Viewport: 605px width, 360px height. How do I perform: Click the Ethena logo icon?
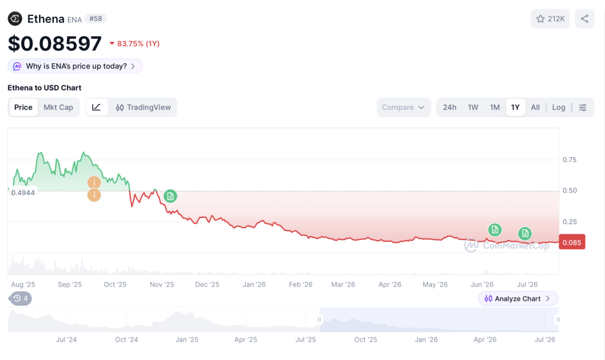15,18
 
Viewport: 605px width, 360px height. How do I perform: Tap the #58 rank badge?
96,18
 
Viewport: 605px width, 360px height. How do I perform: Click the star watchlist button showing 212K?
550,18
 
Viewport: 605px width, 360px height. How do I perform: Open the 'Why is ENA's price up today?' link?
75,66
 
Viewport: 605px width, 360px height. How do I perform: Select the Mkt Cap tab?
58,107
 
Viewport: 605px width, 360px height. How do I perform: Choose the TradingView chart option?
143,107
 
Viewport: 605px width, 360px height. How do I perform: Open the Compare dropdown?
403,107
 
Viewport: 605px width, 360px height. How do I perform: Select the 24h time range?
450,107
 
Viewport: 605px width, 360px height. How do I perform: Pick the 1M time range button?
495,107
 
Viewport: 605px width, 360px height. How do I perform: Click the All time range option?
535,107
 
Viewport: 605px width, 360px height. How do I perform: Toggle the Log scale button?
558,107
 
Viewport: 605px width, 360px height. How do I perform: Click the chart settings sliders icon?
583,107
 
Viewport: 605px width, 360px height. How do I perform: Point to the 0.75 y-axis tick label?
570,160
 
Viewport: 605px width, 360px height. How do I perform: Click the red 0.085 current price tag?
572,242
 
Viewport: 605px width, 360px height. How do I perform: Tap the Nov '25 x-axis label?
162,284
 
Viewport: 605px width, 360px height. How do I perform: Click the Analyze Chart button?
518,299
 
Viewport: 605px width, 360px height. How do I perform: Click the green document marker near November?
170,196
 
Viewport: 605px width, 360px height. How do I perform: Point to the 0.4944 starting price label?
23,193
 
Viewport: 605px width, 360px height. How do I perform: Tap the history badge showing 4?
21,299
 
